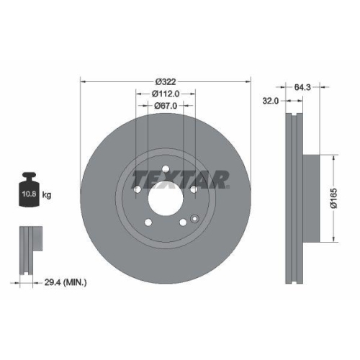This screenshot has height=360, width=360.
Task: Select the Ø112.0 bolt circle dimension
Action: coord(165,93)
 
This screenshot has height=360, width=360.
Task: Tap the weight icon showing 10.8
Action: coord(30,192)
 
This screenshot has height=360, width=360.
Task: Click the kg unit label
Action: coord(46,195)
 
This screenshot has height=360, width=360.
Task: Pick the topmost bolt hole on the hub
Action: coord(166,171)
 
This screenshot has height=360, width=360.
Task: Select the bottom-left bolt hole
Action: coord(148,221)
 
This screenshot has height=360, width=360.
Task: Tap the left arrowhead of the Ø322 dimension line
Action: coord(81,81)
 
